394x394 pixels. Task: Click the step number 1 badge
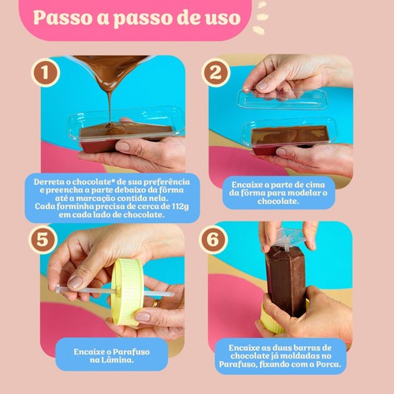coord(45,72)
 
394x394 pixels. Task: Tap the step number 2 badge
coord(216,72)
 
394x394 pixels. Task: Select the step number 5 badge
coord(43,240)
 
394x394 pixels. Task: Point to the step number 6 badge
coord(213,240)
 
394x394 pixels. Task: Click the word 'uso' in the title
coord(223,17)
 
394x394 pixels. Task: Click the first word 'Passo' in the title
coord(62,17)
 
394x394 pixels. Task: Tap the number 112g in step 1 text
coord(180,206)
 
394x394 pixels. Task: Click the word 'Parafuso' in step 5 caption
coord(131,351)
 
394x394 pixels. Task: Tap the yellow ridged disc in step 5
coord(128,292)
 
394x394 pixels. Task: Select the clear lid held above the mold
coord(283,99)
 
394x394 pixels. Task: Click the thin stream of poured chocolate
coord(110,105)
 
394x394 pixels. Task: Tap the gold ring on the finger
coord(155,303)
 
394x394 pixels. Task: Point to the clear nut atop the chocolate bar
coord(287,238)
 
